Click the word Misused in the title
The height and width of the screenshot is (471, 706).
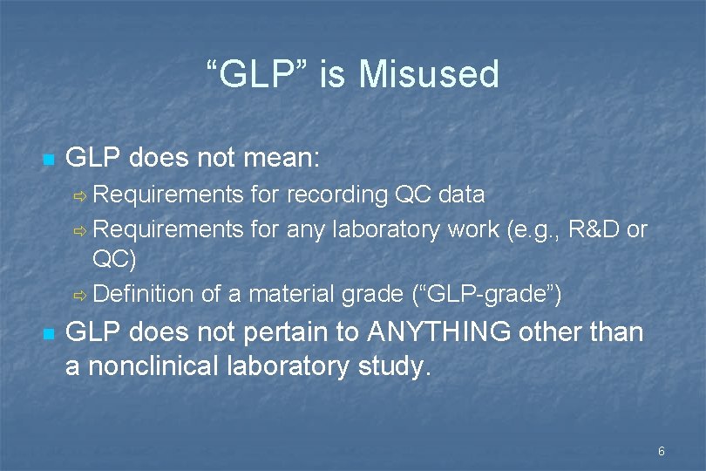(x=428, y=74)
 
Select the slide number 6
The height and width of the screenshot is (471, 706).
(x=662, y=451)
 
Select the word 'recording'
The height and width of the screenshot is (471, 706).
(x=336, y=194)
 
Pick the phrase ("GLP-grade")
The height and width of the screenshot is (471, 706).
(x=486, y=294)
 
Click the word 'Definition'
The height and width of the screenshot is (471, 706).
(x=143, y=294)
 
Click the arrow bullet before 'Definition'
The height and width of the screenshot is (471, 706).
(x=78, y=295)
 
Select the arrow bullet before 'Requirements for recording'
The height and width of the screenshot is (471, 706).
(x=78, y=195)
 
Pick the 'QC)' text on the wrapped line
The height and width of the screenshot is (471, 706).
(x=114, y=261)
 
